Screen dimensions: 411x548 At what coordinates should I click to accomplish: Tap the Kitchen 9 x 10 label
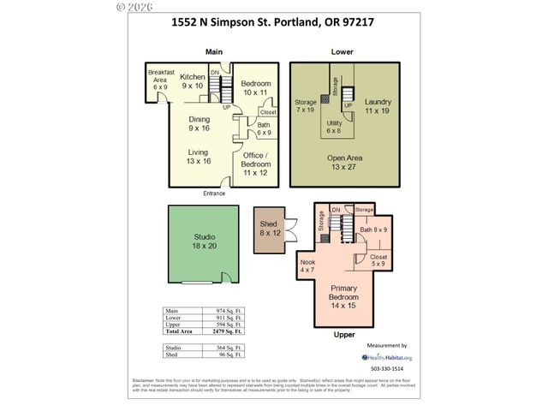tap(193, 81)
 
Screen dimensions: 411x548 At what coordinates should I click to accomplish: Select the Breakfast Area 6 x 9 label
tap(159, 79)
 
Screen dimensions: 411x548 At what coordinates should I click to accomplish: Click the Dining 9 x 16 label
tap(200, 123)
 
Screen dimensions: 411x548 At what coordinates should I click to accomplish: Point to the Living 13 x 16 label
tap(200, 156)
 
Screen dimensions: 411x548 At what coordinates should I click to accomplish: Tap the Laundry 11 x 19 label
tap(378, 106)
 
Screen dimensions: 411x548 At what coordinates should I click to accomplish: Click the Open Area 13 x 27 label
tap(344, 163)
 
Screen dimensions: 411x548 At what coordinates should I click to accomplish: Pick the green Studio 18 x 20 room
tap(204, 241)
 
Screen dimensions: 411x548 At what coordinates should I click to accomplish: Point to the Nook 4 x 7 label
tap(307, 266)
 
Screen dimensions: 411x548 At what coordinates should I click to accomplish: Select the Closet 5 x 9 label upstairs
tap(378, 259)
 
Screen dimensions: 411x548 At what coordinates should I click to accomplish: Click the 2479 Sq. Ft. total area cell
tap(225, 330)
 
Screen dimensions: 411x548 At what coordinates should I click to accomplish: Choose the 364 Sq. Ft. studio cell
tap(225, 346)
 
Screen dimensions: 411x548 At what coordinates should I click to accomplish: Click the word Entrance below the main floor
tap(214, 194)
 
